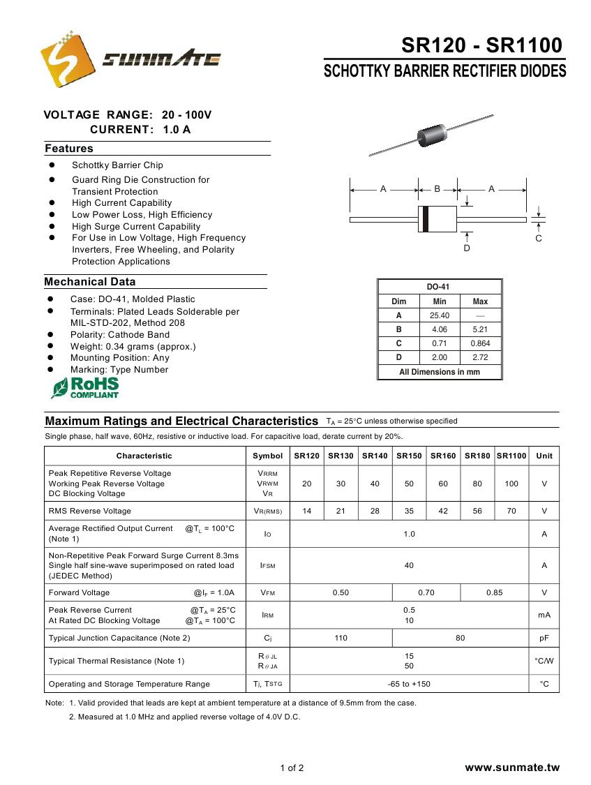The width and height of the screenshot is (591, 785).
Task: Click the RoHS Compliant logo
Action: [85, 388]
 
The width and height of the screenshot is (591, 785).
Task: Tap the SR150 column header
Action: [409, 456]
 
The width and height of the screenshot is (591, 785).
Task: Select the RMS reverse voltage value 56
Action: [477, 511]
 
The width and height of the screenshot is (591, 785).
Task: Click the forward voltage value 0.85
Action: [494, 592]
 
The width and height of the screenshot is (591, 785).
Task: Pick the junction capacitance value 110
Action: [341, 638]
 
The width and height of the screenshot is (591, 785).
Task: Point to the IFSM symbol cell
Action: [267, 566]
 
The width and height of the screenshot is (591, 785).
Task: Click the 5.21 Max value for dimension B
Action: [480, 329]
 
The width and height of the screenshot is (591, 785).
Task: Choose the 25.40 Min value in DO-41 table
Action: [440, 315]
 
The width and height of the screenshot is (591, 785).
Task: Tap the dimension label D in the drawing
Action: [467, 248]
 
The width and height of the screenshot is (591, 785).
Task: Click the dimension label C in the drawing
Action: [539, 239]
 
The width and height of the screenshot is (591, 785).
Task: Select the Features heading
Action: [69, 149]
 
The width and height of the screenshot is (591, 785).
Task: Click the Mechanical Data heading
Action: [90, 282]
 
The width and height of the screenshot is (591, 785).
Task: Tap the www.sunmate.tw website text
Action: [512, 768]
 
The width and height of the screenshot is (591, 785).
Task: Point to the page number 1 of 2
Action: [292, 768]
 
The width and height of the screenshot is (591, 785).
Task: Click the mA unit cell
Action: [544, 615]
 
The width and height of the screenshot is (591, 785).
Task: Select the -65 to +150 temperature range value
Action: [409, 684]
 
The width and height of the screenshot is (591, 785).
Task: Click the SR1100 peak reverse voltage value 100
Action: [511, 484]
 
